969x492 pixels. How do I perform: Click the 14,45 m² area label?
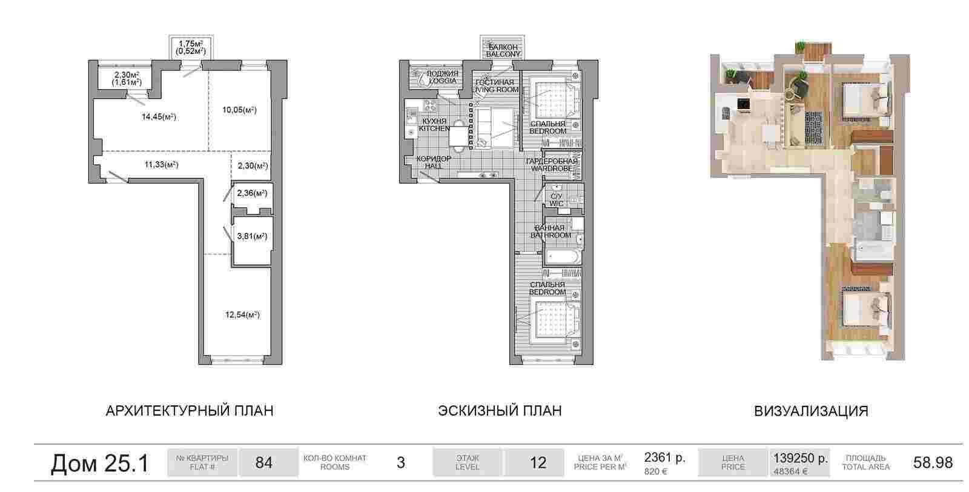159,117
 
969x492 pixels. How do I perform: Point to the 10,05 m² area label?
239,110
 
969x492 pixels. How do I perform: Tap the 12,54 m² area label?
242,314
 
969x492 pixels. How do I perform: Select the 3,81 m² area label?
252,236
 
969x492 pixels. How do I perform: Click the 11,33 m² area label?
161,164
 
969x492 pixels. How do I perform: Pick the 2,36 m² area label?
252,193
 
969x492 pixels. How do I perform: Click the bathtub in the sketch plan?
563,256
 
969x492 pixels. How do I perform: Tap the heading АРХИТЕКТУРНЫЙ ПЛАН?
190,411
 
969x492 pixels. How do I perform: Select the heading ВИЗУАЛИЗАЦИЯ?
811,411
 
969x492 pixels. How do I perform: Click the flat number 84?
264,462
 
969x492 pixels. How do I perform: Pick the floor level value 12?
538,463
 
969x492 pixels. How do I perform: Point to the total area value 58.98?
933,462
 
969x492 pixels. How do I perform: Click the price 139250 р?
800,458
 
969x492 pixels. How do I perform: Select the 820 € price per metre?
655,471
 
